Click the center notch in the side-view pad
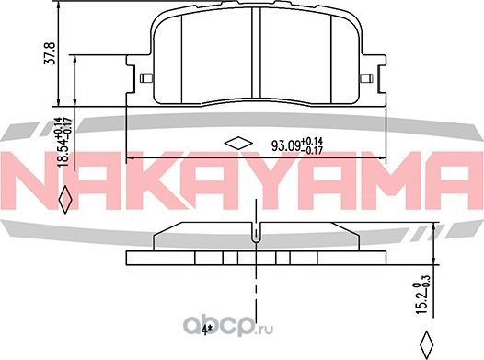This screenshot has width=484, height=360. click(x=254, y=238)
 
